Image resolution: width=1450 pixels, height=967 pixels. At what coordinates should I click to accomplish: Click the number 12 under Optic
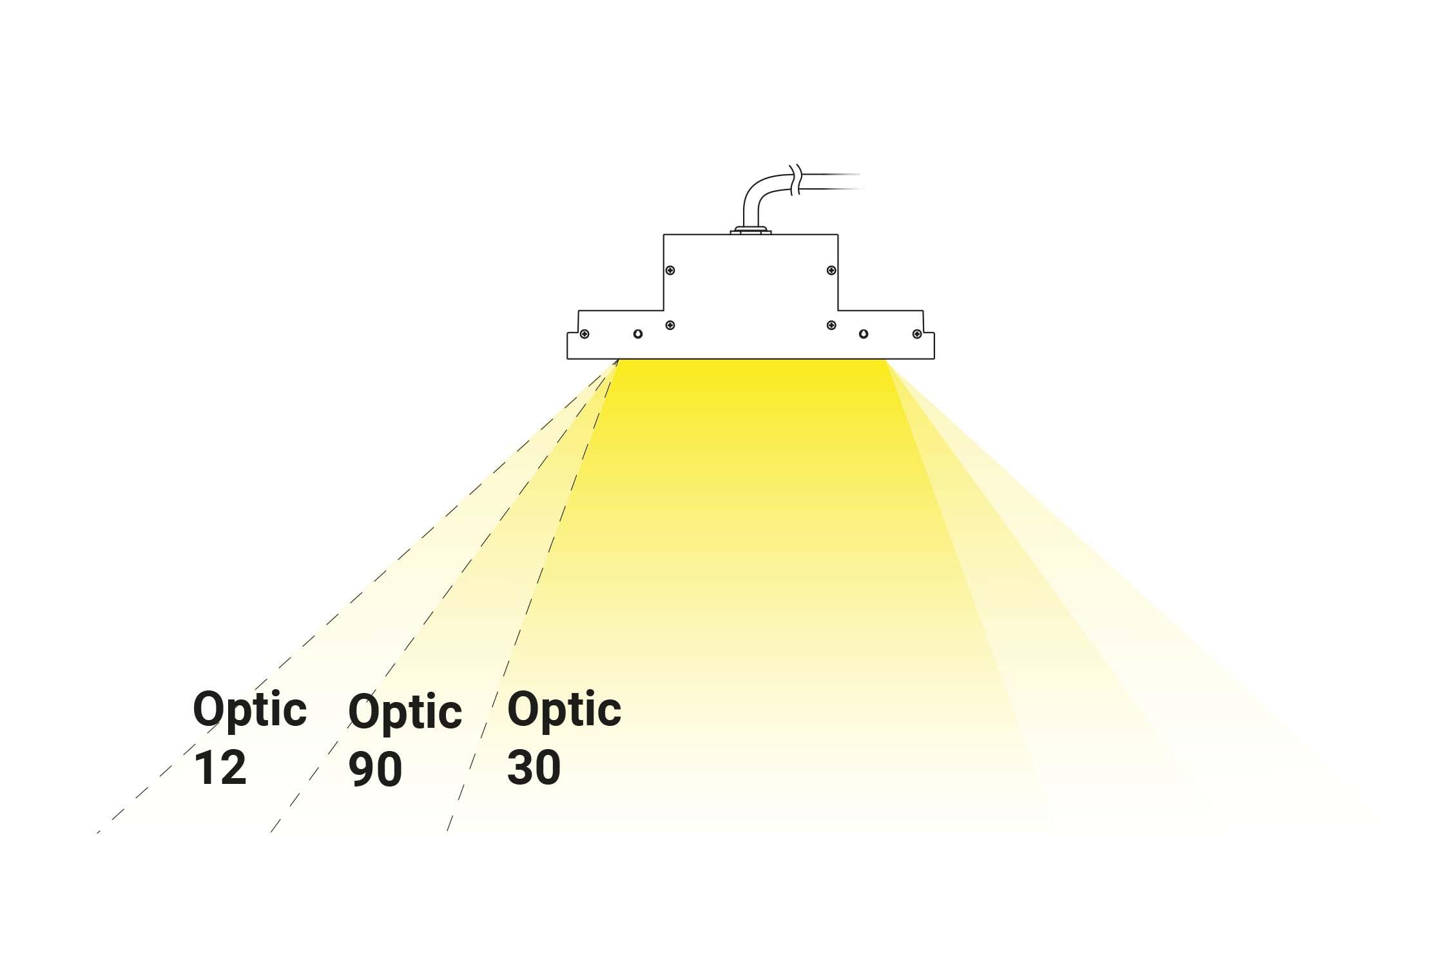coord(220,767)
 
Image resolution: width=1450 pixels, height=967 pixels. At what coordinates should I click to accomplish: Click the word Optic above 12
coord(249,710)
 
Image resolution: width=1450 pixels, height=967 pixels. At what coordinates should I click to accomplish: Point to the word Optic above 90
coord(405,712)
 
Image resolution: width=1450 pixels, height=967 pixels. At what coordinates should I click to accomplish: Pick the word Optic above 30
coord(564,710)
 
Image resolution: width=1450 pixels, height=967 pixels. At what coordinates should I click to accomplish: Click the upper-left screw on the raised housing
coord(670,270)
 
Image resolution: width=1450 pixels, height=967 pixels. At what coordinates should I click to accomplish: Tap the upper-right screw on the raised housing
coord(831,270)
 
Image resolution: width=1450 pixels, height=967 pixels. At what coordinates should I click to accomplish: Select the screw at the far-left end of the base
coord(585,334)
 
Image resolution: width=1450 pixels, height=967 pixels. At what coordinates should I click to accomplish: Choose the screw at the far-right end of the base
coord(917,334)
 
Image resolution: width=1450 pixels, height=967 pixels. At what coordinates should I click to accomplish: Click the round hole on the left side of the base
coord(638,334)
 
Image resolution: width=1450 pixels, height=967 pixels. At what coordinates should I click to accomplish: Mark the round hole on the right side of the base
coord(864,334)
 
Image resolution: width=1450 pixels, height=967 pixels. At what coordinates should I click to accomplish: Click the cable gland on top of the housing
coord(751,230)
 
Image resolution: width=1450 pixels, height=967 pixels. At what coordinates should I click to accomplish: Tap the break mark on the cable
coord(795,180)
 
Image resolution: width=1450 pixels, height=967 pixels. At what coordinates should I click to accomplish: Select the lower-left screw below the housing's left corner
coord(670,325)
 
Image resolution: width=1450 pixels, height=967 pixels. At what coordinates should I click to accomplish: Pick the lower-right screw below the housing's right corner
coord(831,325)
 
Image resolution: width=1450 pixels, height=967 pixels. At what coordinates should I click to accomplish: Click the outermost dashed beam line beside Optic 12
coord(358,596)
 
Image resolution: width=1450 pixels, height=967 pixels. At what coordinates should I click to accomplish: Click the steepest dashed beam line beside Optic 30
coord(533,596)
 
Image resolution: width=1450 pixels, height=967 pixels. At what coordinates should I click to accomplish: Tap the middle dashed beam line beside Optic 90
coord(445,596)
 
